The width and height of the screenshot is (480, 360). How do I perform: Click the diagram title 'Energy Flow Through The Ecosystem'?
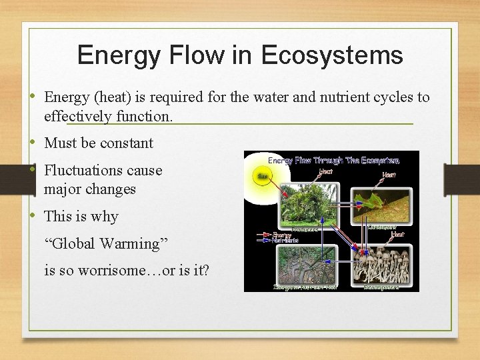click(333, 160)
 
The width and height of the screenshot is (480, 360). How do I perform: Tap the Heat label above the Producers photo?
click(326, 171)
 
